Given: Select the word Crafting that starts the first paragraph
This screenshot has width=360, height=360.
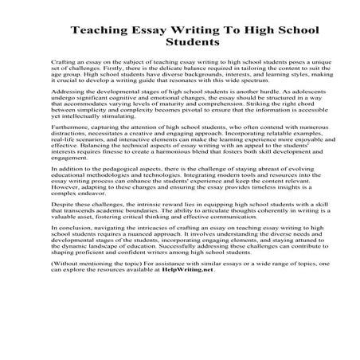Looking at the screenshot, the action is tap(62, 61).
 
